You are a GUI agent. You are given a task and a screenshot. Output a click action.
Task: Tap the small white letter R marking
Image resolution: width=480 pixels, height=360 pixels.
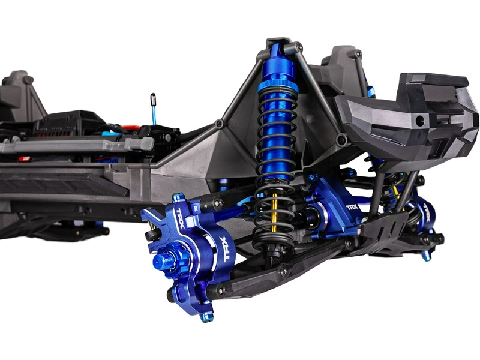click(x=196, y=206)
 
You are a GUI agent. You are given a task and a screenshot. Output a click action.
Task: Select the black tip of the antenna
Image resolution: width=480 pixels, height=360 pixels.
click(x=153, y=97)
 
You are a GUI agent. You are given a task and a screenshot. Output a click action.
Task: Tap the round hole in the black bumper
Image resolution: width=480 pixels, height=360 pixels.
click(x=419, y=120)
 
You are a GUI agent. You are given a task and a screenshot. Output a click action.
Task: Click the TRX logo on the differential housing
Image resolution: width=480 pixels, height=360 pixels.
click(x=352, y=207)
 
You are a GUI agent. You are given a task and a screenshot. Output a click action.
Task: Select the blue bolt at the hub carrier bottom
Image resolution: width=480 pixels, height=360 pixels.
click(x=206, y=316)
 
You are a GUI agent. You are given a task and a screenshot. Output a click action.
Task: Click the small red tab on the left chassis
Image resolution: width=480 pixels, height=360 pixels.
click(x=24, y=159)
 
